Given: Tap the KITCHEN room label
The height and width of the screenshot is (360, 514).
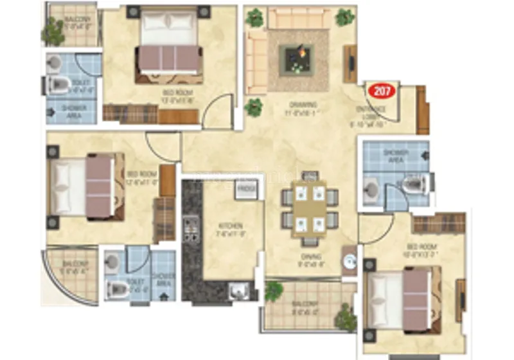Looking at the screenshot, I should pyautogui.click(x=229, y=226).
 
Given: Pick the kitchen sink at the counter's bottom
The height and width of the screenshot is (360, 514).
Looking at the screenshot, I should pyautogui.click(x=237, y=290).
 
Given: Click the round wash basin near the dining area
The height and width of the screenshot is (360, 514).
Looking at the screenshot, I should pyautogui.click(x=350, y=262).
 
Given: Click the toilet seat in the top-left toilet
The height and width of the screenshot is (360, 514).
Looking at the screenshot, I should pyautogui.click(x=60, y=85).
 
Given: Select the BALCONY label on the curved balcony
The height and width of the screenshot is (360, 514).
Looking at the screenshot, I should pyautogui.click(x=73, y=267).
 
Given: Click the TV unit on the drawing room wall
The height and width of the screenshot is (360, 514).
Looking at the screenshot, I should pyautogui.click(x=350, y=64).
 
